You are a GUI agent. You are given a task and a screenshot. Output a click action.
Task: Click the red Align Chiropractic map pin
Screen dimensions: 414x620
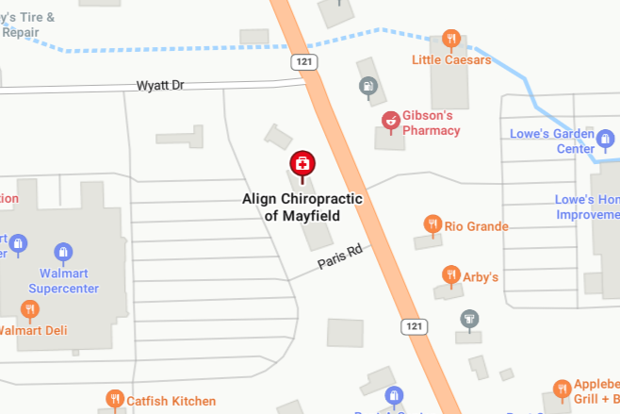[302, 165]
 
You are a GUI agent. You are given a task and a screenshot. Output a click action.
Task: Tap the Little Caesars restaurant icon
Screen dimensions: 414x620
[451, 40]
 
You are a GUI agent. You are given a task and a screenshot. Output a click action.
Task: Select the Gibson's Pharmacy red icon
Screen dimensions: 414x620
[390, 119]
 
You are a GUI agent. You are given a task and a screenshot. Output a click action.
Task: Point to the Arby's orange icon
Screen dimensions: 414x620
[450, 275]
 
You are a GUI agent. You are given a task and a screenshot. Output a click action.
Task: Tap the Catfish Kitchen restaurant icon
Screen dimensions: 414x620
[115, 400]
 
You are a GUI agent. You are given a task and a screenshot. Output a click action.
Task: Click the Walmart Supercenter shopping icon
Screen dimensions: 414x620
[63, 252]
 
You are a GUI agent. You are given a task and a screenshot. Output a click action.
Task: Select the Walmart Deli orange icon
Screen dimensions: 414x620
[30, 309]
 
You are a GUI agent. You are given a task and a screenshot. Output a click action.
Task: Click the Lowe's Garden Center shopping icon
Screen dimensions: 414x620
[606, 141]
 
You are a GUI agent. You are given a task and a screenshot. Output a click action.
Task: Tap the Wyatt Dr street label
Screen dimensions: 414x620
[159, 86]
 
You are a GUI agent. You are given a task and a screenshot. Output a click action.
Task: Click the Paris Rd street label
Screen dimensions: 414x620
[340, 257]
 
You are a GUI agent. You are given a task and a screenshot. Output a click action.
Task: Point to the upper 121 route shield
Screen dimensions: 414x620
[303, 61]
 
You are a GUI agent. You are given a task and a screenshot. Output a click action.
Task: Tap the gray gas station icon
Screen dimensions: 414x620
[366, 87]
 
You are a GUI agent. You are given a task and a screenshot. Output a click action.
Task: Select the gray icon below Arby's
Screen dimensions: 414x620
[468, 320]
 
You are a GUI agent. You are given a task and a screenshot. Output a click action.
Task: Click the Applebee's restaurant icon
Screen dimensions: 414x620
[563, 389]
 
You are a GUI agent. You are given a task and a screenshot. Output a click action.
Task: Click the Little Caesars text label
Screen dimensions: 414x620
[452, 60]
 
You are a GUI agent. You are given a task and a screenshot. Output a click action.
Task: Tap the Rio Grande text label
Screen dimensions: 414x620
[476, 226]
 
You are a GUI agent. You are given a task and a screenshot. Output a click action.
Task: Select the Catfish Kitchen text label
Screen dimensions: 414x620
[171, 401]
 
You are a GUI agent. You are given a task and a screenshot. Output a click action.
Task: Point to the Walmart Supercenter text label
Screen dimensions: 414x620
[63, 281]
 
